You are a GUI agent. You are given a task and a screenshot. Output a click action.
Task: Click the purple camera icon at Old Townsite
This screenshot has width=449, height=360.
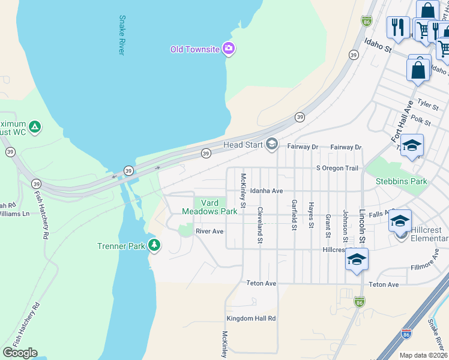coord(228,49)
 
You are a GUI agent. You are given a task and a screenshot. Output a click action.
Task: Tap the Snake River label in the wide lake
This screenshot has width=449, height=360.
coord(122,35)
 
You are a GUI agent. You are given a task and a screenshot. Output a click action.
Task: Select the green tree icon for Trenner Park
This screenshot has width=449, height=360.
coord(155,245)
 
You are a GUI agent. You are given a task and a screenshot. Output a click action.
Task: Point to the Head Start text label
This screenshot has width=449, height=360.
coord(243,145)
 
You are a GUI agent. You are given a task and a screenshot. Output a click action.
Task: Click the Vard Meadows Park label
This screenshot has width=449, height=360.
coord(209,207)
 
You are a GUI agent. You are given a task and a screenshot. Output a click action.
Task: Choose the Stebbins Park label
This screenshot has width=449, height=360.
coord(401,181)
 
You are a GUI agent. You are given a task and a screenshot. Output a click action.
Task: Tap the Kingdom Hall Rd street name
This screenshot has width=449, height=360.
coord(251,319)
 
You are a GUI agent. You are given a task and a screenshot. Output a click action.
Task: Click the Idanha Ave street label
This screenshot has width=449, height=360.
coord(267,191)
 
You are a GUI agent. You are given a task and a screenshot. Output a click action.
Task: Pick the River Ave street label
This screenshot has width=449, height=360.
coord(209,231)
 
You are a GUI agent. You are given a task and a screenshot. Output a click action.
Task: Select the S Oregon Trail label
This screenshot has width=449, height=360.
coord(337,168)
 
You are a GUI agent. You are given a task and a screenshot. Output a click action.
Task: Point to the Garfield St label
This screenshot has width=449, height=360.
coord(294,215)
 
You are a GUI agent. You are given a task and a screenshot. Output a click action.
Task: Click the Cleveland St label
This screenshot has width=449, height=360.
coord(261,225)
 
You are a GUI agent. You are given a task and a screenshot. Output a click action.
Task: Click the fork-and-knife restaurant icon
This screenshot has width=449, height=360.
coord(398,27)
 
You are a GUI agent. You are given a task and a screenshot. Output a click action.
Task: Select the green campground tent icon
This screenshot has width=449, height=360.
coord(35,127)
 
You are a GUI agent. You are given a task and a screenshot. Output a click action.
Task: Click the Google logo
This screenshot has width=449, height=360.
coord(20,352)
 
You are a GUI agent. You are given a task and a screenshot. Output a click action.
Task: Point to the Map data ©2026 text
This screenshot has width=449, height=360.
coord(423,355)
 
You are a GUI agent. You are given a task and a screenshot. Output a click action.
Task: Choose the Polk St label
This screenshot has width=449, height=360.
coord(421,121)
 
